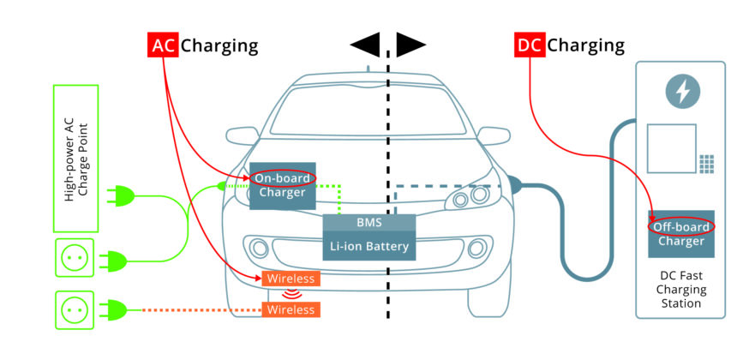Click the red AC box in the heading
click(x=163, y=45)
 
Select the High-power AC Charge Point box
click(x=76, y=158)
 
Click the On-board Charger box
click(x=283, y=186)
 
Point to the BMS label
click(x=369, y=223)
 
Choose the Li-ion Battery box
click(x=369, y=247)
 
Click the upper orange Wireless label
click(x=291, y=279)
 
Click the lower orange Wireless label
click(x=291, y=309)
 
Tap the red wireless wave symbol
click(x=291, y=294)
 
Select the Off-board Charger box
click(x=680, y=234)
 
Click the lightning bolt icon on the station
click(x=682, y=91)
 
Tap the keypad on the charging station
click(x=706, y=162)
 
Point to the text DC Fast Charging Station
click(x=680, y=290)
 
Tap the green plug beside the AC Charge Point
click(x=121, y=197)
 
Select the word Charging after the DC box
click(x=586, y=45)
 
